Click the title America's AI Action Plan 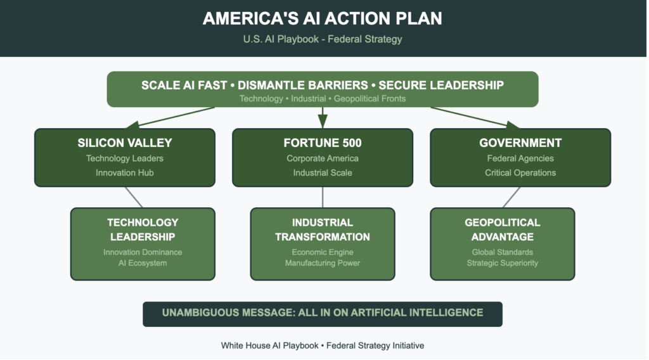323,18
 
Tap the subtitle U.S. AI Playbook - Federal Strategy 323,39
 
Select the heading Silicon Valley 125,143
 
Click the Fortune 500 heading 323,143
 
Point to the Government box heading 520,143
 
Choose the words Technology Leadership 143,229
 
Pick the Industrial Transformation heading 323,229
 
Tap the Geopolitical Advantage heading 503,229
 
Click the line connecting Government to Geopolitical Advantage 511,197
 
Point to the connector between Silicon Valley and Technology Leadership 134,197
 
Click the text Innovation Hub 125,172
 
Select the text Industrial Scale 323,172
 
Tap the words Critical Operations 520,172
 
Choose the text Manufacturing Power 323,263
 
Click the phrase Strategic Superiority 503,263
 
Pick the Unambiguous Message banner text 323,312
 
